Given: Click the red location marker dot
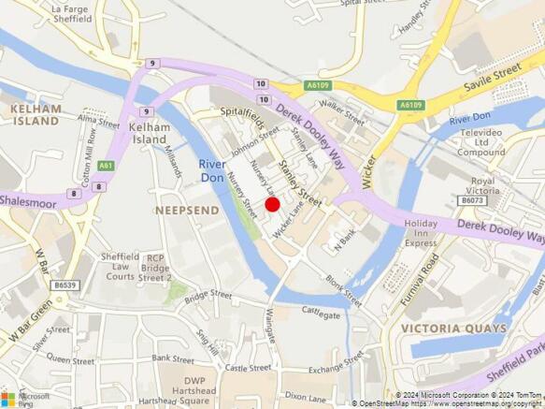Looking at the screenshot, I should [272, 204].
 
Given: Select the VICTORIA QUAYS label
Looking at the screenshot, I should [452, 329].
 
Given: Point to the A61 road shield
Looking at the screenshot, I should [106, 166].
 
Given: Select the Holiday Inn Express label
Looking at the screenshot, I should [421, 233].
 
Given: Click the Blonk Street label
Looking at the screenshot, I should [344, 290].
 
